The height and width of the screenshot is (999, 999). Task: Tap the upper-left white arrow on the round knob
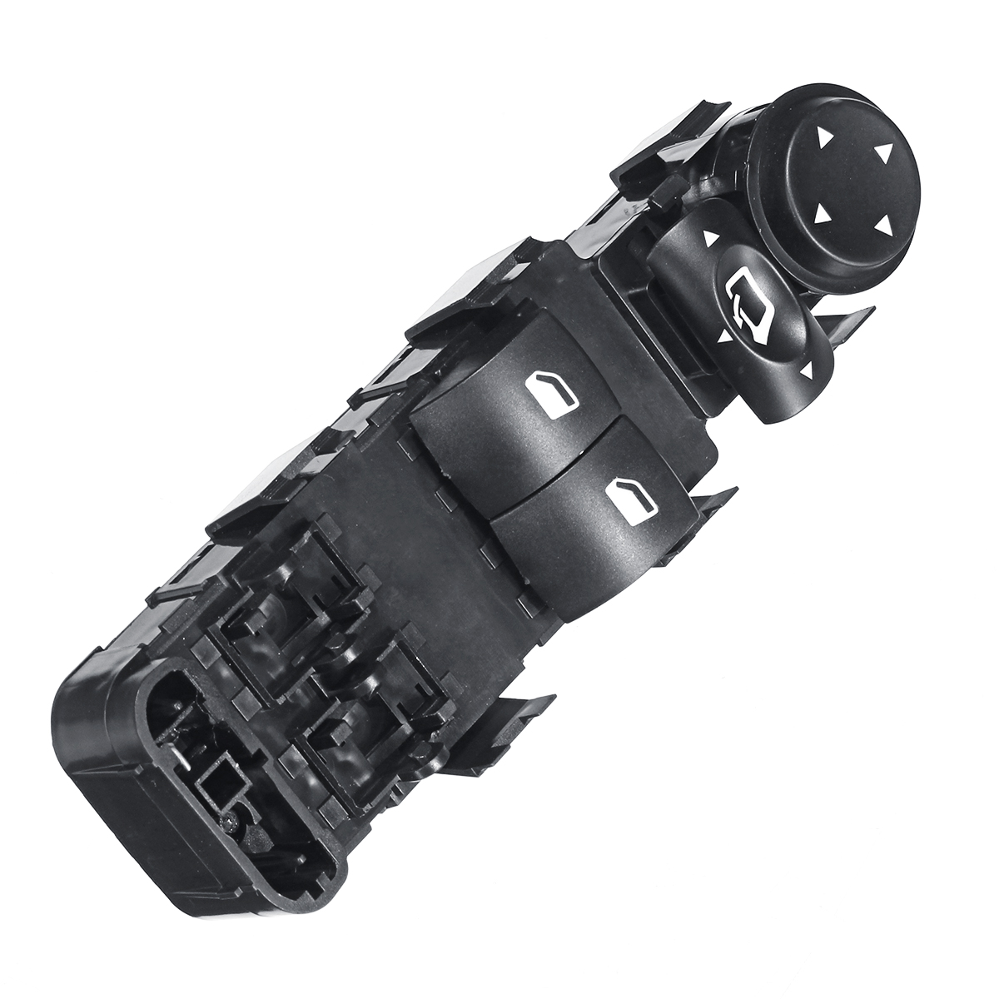[824, 136]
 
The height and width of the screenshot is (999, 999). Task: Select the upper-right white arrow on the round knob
[882, 152]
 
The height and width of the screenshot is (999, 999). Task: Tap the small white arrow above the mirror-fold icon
[710, 239]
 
